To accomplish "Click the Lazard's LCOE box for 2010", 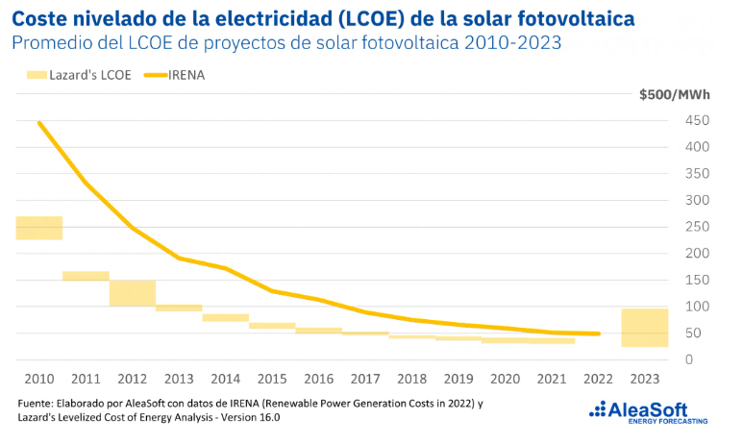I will click(39, 228).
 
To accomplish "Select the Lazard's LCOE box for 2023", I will click(645, 328).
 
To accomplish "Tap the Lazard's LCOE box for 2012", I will click(133, 293).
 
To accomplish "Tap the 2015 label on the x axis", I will click(272, 379).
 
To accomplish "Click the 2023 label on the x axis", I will click(645, 379).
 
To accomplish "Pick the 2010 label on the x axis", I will click(39, 379).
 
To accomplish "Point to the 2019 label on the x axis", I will click(458, 379).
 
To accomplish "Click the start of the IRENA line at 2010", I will click(39, 123).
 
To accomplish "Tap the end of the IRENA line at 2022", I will click(599, 333).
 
